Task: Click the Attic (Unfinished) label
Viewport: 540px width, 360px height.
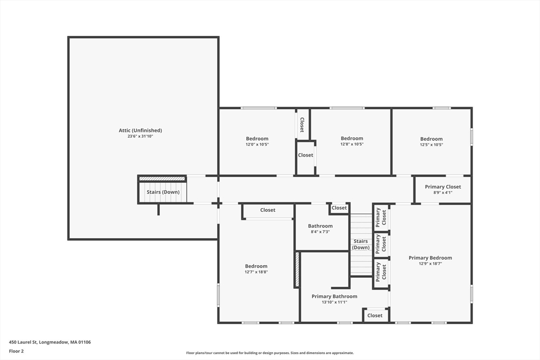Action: [140, 130]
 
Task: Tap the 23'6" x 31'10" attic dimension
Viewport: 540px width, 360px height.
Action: [140, 137]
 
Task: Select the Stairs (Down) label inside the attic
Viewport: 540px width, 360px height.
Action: [163, 192]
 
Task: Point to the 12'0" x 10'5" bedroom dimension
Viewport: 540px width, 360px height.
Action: [257, 144]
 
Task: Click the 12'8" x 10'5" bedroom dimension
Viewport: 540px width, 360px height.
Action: [352, 144]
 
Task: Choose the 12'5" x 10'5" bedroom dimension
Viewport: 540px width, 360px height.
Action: [431, 145]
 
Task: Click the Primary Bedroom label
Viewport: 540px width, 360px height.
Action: [430, 258]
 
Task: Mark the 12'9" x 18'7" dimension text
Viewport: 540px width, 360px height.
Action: [430, 264]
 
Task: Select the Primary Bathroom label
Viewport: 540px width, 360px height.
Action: [334, 296]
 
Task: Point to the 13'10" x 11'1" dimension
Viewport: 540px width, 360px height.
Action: [334, 303]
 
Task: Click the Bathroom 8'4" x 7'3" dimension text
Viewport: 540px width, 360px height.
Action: [320, 232]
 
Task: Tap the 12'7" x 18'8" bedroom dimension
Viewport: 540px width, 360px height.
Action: [256, 272]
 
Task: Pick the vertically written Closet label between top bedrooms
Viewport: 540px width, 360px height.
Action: [302, 124]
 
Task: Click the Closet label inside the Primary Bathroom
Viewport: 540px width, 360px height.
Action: [375, 316]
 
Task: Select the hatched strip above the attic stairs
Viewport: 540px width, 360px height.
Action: [162, 179]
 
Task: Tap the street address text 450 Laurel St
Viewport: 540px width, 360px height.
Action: [23, 342]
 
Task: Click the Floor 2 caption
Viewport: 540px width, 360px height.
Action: [16, 352]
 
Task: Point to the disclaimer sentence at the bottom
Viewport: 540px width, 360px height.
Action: [270, 353]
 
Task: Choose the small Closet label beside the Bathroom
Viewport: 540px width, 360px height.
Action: [339, 208]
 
